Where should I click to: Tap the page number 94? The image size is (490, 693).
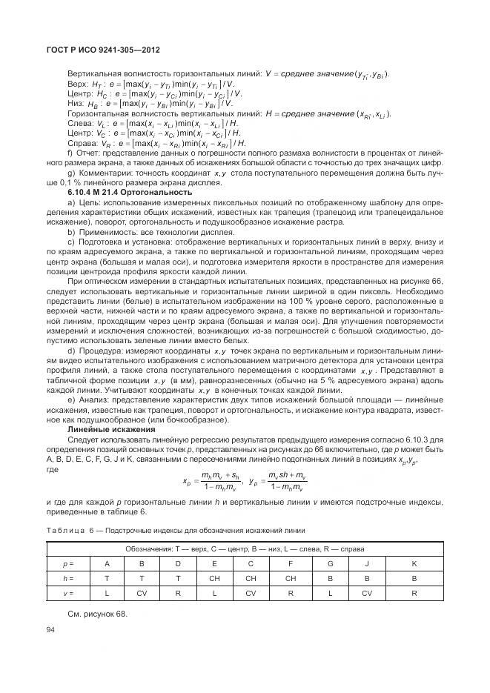51,630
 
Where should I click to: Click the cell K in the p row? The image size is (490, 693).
414,563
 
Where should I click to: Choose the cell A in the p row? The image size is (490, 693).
107,563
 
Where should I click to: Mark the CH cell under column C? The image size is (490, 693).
251,578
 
